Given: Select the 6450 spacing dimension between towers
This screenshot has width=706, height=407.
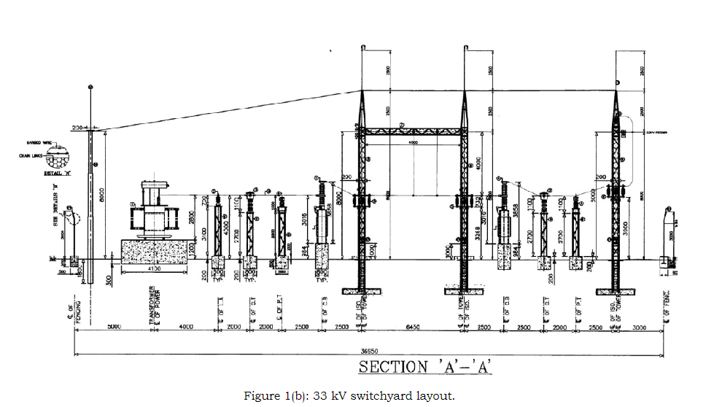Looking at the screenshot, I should point(412,327).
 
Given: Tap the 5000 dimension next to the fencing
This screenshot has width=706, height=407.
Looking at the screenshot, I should point(114,327).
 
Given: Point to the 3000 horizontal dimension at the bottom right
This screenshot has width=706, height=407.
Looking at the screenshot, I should point(639,327).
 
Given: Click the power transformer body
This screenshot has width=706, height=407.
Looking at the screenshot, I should point(155,217).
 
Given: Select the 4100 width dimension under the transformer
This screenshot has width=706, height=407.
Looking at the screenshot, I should point(155,270).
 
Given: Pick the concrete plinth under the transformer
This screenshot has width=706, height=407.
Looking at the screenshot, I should point(155,251).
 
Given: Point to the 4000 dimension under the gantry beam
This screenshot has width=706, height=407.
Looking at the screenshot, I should point(413,144).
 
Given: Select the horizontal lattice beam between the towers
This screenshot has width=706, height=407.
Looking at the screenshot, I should point(413,131).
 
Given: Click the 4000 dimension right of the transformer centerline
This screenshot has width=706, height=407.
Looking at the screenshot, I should point(186,327).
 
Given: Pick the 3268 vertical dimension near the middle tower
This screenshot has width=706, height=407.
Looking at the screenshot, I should point(478,234).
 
